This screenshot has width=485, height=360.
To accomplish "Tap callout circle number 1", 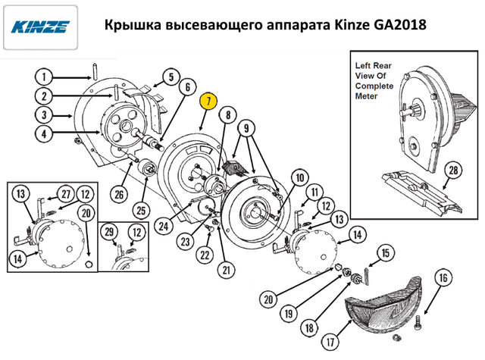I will pos(44,77).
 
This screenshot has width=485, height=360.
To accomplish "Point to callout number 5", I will pos(171,77).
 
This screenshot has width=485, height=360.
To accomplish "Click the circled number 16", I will pos(443,278).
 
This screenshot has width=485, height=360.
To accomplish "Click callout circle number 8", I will pos(226,115).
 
